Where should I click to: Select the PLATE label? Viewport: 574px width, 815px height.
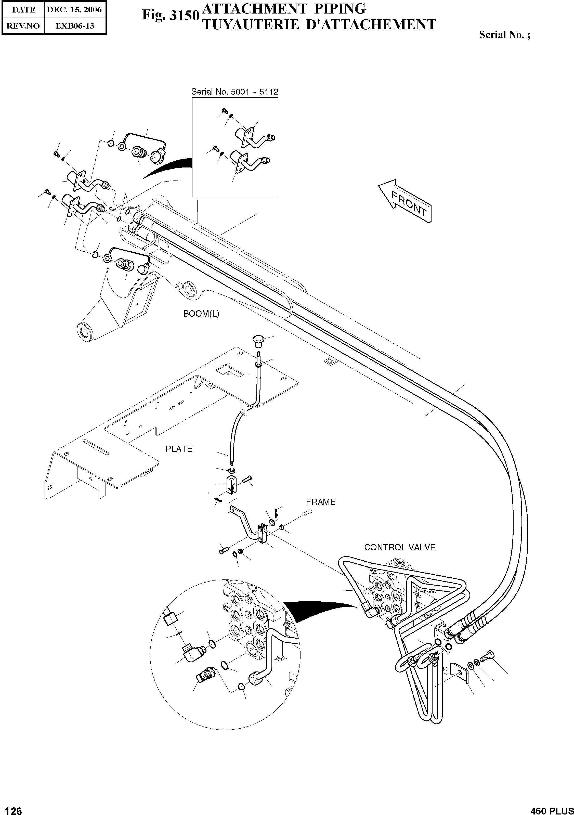pyautogui.click(x=179, y=449)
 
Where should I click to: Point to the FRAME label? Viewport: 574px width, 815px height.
pyautogui.click(x=321, y=502)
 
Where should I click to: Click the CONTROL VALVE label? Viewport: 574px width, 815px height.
pyautogui.click(x=400, y=547)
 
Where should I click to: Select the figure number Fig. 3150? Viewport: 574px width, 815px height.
pyautogui.click(x=170, y=15)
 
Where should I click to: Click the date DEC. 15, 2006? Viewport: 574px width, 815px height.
pyautogui.click(x=74, y=10)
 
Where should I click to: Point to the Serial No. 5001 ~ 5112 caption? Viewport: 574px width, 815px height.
pyautogui.click(x=235, y=92)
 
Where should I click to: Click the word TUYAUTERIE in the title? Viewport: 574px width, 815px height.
pyautogui.click(x=250, y=25)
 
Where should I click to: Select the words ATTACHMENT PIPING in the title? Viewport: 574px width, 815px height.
pyautogui.click(x=283, y=8)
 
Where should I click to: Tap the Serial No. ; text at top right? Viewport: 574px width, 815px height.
pyautogui.click(x=504, y=34)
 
